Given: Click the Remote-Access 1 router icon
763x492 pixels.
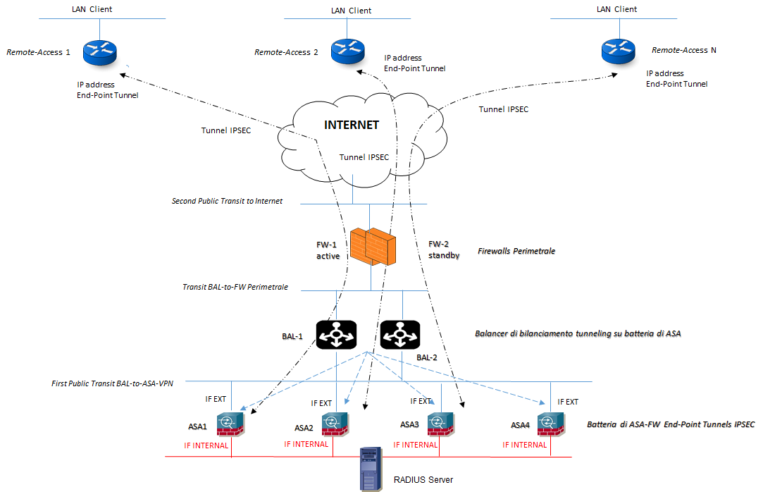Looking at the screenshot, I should click(x=99, y=51).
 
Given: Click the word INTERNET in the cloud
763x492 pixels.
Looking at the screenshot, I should click(x=351, y=125).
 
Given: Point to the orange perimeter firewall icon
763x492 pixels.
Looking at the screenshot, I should click(x=371, y=246).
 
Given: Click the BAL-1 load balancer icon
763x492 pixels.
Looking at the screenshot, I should click(x=336, y=334).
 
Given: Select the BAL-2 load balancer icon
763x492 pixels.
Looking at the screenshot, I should click(x=400, y=334).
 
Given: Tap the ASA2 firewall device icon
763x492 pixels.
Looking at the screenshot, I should click(x=334, y=424).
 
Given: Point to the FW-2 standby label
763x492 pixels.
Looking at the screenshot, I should click(x=444, y=250).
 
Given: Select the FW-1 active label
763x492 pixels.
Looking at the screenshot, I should click(x=328, y=250).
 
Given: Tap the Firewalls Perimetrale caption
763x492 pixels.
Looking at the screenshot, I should click(x=516, y=250).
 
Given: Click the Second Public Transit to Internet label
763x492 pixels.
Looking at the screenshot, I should click(x=227, y=201).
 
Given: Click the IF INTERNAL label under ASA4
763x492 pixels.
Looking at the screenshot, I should click(x=525, y=445).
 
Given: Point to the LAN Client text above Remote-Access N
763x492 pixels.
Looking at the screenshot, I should click(x=616, y=9).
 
